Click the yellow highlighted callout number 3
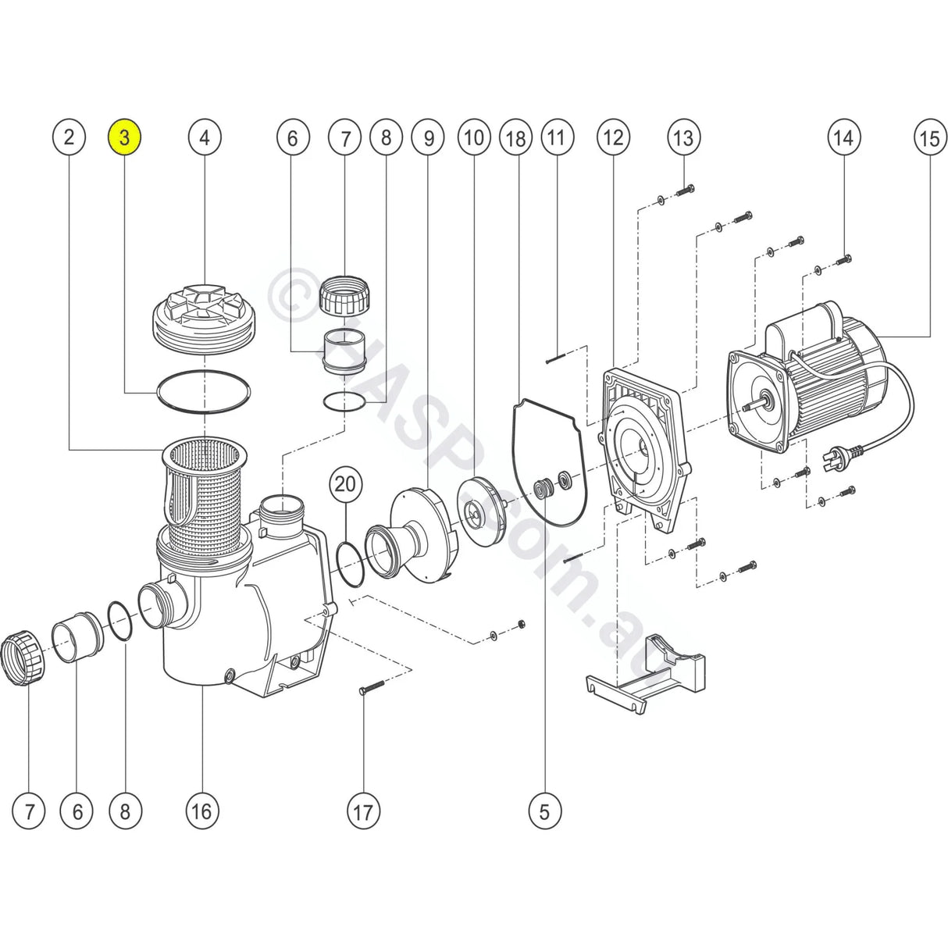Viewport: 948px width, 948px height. (124, 138)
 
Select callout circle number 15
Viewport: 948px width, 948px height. (929, 138)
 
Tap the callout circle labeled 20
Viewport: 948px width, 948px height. (345, 484)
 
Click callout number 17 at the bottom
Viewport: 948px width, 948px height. (363, 811)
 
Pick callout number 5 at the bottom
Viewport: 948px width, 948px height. (544, 811)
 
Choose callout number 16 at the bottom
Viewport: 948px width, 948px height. (201, 811)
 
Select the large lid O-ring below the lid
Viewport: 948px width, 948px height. (205, 390)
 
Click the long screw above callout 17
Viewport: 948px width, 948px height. (372, 688)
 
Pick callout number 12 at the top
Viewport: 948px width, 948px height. (613, 138)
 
